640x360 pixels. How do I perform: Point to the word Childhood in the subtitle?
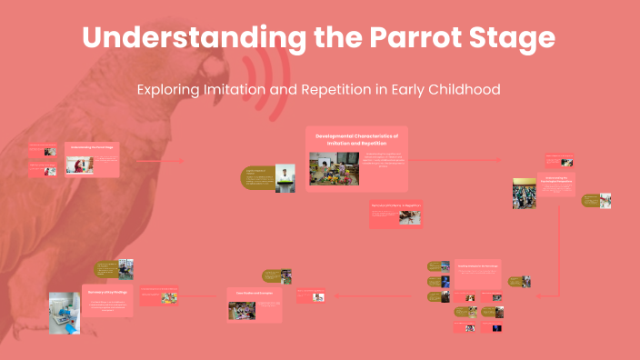pyautogui.click(x=460, y=90)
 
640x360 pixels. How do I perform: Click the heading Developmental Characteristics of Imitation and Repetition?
pyautogui.click(x=357, y=139)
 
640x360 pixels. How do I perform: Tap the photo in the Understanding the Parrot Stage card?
pyautogui.click(x=79, y=165)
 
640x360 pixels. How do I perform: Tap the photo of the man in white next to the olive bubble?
pyautogui.click(x=286, y=177)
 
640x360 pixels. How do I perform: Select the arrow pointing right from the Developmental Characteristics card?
pyautogui.click(x=464, y=160)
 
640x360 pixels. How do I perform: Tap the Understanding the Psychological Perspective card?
pyautogui.click(x=555, y=183)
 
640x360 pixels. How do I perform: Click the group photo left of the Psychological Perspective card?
pyautogui.click(x=524, y=194)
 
